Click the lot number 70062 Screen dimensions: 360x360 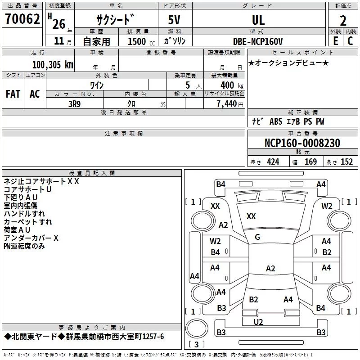tap(22, 20)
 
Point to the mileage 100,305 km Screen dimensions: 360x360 tap(52, 65)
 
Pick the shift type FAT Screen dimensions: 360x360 tap(13, 94)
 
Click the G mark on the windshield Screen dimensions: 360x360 tap(257, 237)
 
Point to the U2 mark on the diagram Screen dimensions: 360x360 tap(258, 322)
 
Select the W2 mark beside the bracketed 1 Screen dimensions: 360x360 tap(327, 206)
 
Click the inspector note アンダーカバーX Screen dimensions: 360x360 tap(31, 238)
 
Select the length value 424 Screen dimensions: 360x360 tap(273, 162)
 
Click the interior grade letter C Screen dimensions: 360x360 tap(350, 41)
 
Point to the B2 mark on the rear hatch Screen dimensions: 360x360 tap(253, 300)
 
